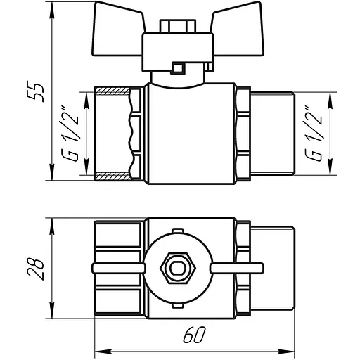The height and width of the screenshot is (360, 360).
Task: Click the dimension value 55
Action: click(x=35, y=91)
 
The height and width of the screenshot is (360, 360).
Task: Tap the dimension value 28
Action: click(x=35, y=269)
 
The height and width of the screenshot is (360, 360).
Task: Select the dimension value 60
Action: click(x=194, y=335)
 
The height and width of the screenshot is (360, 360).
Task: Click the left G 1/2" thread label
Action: click(x=70, y=134)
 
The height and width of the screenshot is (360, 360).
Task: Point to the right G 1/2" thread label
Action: click(x=314, y=134)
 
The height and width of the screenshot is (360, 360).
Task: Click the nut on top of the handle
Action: click(x=177, y=26)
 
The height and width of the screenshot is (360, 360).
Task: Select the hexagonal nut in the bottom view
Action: click(x=178, y=269)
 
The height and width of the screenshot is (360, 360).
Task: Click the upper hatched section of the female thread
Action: click(x=112, y=91)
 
